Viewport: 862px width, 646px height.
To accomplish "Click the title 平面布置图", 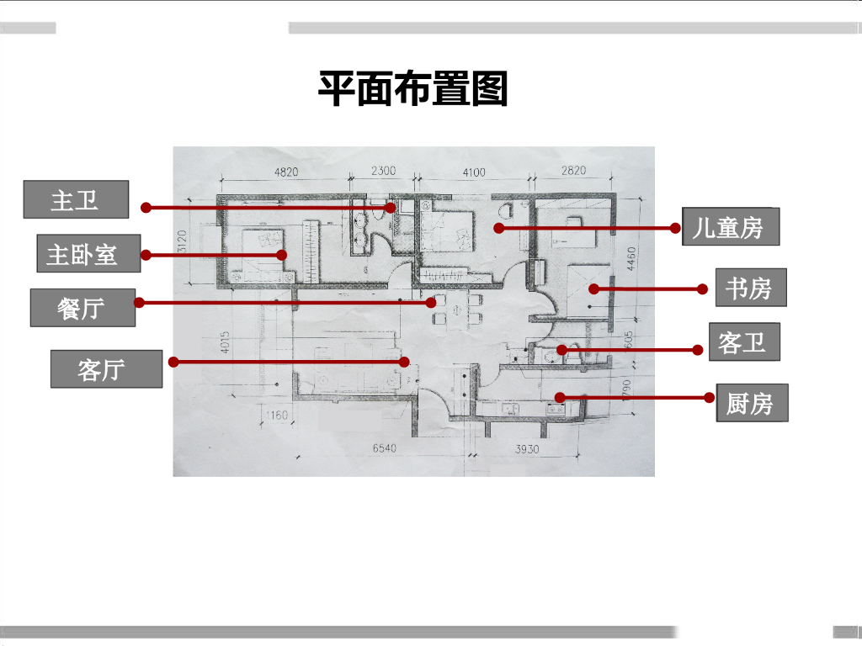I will click(412, 87).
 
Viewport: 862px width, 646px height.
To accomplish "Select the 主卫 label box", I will click(76, 200).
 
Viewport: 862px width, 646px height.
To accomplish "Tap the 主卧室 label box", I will click(88, 253).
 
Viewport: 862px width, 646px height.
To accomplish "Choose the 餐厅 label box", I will click(82, 308).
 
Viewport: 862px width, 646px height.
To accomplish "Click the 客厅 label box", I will click(106, 368).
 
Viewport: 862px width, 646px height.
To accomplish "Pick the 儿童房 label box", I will click(731, 226).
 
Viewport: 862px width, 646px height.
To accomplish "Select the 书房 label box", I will click(749, 289).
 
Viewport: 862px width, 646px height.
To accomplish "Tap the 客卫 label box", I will click(744, 342).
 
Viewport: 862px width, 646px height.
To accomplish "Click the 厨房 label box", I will click(752, 403).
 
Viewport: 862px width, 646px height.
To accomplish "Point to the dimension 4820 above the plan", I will click(286, 172).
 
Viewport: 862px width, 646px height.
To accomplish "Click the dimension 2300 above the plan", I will click(383, 171).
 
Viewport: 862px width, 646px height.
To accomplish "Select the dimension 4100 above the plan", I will click(473, 172).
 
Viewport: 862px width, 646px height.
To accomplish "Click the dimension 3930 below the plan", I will click(526, 449).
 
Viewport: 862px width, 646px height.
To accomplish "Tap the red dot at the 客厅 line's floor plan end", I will click(404, 362).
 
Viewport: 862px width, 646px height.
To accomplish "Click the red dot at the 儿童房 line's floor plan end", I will click(498, 228).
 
